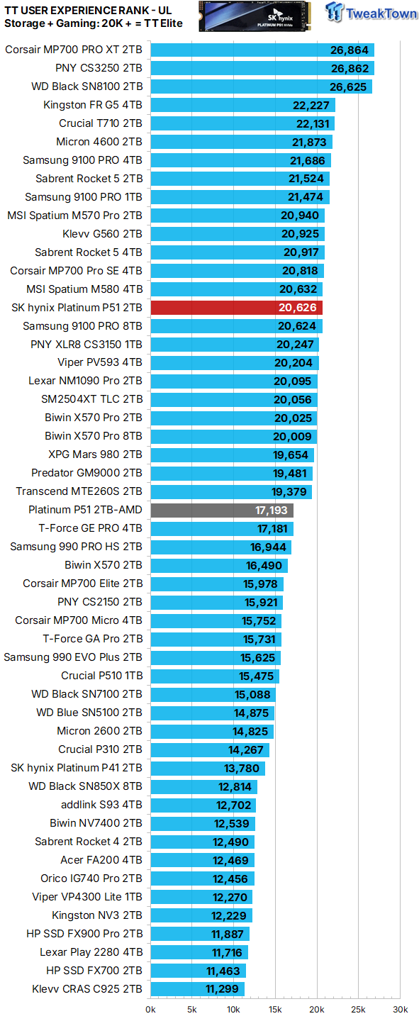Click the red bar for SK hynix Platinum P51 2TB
[x=236, y=308]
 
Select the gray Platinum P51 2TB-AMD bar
[x=222, y=510]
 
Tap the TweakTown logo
[x=371, y=14]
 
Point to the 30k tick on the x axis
[x=401, y=1009]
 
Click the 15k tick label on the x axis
[x=276, y=1009]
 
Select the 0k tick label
[x=151, y=1009]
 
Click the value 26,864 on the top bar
[x=350, y=50]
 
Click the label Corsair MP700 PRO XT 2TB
[x=74, y=50]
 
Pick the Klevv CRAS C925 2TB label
[x=87, y=989]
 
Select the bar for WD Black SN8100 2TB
[x=261, y=87]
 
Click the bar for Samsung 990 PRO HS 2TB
[x=220, y=547]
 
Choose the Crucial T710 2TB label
[x=101, y=123]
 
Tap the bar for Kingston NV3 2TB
[x=201, y=915]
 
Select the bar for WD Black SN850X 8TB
[x=203, y=786]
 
